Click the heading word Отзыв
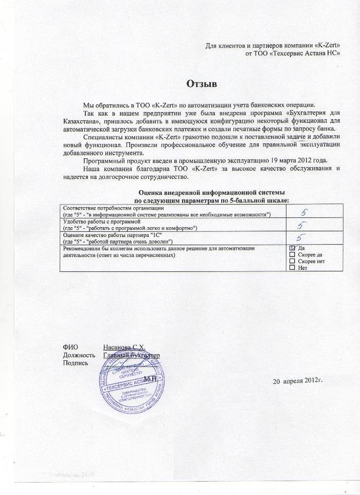point(201,84)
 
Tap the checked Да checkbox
point(293,248)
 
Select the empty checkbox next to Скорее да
point(293,254)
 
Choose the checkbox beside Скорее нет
point(293,261)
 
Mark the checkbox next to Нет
point(293,268)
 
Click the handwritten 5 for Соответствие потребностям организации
point(304,211)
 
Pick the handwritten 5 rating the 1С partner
point(303,238)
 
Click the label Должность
point(79,355)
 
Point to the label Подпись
point(75,363)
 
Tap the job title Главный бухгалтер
point(132,355)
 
